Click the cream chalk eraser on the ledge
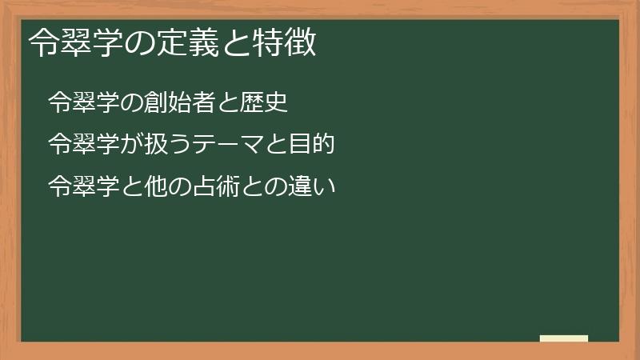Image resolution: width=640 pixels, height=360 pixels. pyautogui.click(x=564, y=338)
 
